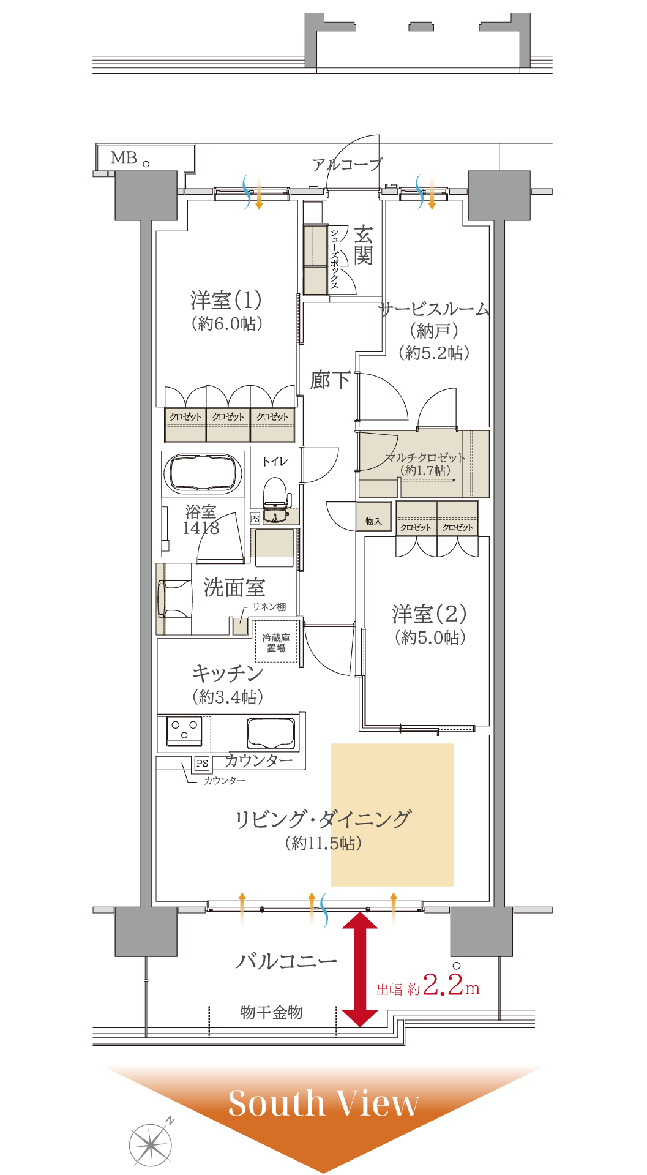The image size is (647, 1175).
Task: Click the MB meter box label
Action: point(124,158)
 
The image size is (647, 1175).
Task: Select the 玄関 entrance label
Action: point(363,245)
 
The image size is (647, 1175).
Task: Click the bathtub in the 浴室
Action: point(203,474)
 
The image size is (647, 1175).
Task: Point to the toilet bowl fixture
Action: point(276,497)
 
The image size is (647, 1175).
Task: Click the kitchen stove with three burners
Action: point(184,731)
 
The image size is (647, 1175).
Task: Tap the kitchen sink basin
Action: point(271,732)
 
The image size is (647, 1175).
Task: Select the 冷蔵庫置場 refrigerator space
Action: point(276,642)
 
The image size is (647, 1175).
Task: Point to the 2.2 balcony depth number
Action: point(443,984)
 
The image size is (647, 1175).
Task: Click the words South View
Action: point(324,1103)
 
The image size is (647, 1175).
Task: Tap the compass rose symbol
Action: point(151,1143)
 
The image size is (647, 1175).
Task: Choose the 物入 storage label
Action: point(373,521)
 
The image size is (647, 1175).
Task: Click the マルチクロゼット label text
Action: point(425,457)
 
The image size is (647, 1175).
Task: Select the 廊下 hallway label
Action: point(331,380)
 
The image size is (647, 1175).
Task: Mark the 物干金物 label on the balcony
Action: point(272,1012)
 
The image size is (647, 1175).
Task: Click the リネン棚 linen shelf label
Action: point(269,607)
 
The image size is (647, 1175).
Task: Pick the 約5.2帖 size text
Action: point(434,353)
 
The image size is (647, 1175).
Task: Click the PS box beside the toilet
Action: point(255,518)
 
